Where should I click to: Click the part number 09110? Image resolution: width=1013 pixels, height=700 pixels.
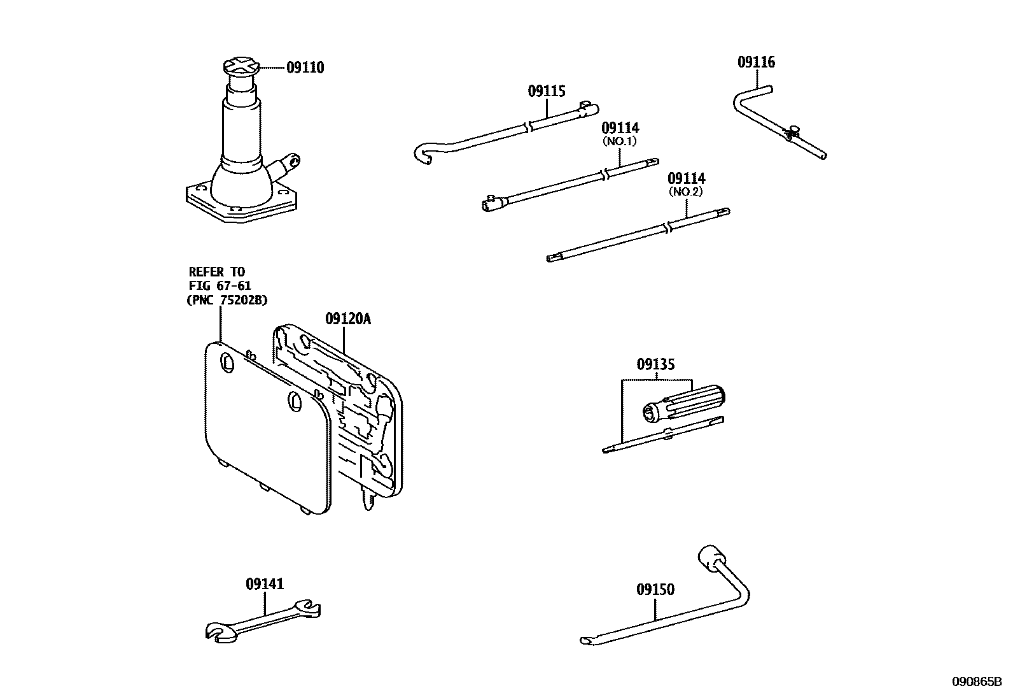click(305, 68)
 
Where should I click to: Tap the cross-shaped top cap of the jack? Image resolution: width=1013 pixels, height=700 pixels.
click(242, 66)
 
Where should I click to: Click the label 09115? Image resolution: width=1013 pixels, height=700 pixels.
click(546, 91)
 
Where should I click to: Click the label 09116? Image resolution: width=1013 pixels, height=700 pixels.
click(757, 62)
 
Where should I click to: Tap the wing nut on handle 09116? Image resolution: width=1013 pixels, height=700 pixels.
click(792, 132)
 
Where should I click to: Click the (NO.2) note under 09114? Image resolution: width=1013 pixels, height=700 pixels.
click(686, 192)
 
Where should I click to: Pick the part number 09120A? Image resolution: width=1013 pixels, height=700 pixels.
click(347, 318)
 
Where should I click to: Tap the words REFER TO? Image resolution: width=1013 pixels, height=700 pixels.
click(216, 272)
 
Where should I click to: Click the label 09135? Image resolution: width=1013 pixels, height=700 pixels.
click(655, 364)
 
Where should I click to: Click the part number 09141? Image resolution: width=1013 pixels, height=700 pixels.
click(265, 584)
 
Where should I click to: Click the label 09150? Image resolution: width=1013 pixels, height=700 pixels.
click(655, 590)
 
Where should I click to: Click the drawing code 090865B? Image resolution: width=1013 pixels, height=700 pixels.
click(977, 682)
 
